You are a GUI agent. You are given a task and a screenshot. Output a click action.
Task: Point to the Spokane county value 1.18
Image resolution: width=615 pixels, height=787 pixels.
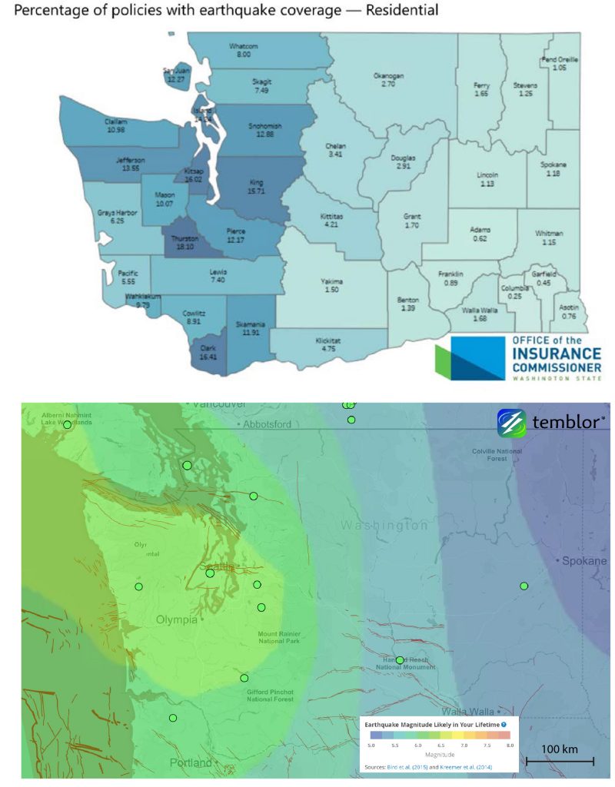click(x=553, y=174)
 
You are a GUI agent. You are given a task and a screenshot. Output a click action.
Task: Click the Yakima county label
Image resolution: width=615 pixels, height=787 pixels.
click(x=332, y=281)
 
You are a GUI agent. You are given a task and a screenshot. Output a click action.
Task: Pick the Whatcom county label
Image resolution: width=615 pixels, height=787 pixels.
click(x=244, y=46)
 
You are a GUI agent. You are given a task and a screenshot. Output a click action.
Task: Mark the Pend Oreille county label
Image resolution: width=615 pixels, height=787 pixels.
click(x=560, y=59)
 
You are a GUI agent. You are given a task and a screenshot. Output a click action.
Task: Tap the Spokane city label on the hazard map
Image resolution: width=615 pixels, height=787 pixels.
click(x=584, y=561)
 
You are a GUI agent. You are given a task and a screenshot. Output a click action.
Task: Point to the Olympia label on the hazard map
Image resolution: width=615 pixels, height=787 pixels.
click(x=177, y=619)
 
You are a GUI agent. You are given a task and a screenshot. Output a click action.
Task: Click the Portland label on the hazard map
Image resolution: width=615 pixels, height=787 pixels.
click(x=190, y=763)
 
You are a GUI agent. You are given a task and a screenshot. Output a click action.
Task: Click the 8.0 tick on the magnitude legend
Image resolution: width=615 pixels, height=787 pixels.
click(x=509, y=745)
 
